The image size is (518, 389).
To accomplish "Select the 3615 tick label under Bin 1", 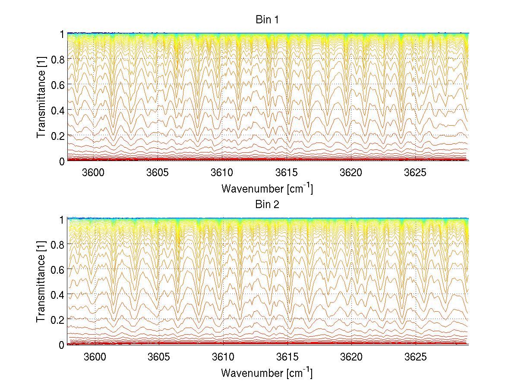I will point(287,173).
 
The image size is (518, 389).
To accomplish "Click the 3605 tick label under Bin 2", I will point(159,357).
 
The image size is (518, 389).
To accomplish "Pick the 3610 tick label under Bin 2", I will point(223,357).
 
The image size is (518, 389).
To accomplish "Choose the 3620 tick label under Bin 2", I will point(351,357).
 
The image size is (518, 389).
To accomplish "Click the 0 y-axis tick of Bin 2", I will point(61,345).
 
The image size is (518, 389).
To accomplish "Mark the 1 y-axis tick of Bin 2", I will point(61,218).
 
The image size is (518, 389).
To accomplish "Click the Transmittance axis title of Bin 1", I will point(41,97).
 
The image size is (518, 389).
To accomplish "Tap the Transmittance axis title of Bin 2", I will point(41,281).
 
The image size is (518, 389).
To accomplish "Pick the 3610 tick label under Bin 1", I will point(223,173).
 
